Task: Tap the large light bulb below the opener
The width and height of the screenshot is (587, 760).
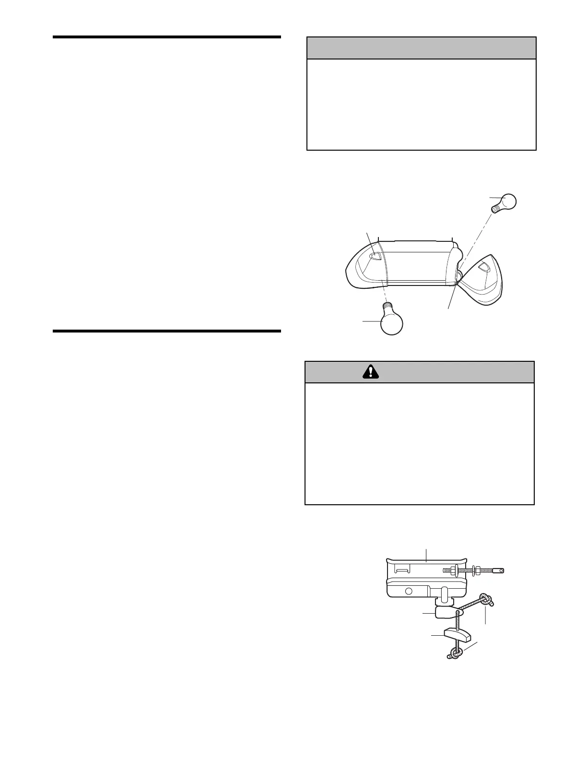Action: click(x=391, y=324)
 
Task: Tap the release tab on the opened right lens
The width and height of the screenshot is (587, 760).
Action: click(x=484, y=268)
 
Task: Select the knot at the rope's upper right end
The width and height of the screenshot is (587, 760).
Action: click(x=486, y=599)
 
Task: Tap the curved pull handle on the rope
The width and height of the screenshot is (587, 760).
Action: click(x=457, y=634)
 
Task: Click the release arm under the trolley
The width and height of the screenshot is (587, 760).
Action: click(x=446, y=612)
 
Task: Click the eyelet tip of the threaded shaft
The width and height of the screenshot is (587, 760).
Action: click(x=499, y=570)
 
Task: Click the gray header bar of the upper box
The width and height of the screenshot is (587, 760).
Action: click(x=421, y=48)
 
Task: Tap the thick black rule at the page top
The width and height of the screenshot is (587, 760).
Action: click(x=166, y=36)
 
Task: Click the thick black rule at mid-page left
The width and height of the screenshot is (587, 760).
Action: click(x=166, y=331)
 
